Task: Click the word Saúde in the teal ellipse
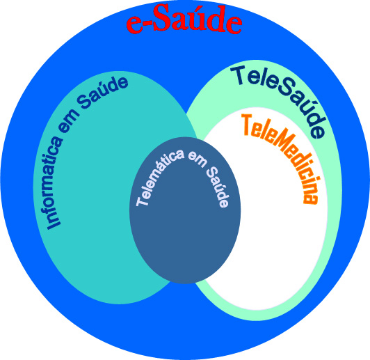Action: click(103, 93)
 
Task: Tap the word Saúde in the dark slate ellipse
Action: click(218, 187)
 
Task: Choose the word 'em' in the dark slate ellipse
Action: click(197, 160)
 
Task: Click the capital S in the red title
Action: click(163, 17)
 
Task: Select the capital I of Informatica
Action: click(54, 224)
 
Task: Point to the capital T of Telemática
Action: click(142, 201)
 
